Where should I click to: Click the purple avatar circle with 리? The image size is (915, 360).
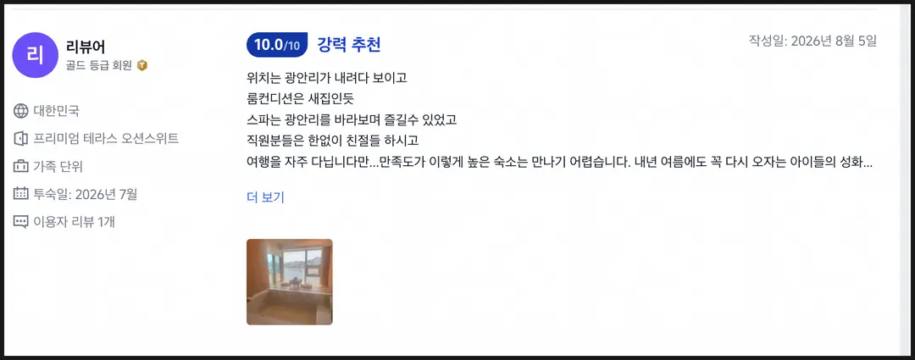35,55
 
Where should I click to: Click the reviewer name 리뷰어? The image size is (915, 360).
86,47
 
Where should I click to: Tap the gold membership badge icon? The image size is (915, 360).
142,65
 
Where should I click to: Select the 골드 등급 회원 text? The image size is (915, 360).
99,65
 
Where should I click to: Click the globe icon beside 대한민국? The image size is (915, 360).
20,111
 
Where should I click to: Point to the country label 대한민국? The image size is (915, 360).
56,111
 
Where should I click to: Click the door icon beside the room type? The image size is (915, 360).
20,139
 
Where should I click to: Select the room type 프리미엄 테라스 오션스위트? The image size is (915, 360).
106,139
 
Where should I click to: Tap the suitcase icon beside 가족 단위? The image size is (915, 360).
20,166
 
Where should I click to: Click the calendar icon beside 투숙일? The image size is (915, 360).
20,194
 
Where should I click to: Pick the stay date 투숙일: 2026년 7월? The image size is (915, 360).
86,194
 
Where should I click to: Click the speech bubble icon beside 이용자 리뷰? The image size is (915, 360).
20,222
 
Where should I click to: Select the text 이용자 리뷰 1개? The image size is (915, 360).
74,222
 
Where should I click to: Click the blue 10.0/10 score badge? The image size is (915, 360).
277,45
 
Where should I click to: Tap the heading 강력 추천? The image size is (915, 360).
349,45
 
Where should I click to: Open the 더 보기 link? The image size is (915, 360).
265,197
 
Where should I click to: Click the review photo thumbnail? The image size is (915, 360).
290,282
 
